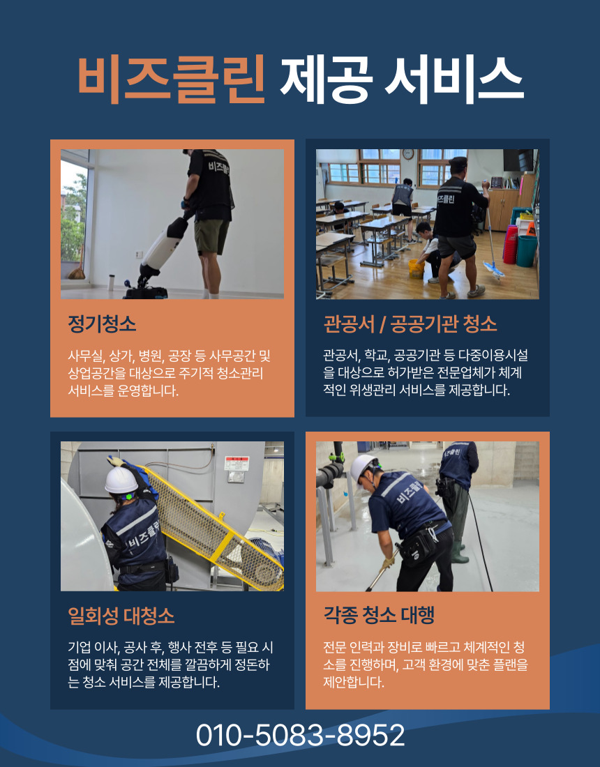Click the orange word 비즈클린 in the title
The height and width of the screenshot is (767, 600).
click(171, 76)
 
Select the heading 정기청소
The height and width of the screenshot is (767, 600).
click(102, 324)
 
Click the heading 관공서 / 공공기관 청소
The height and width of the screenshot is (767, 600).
click(410, 324)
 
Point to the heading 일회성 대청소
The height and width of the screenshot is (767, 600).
click(121, 616)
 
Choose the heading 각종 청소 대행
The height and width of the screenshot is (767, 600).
click(379, 616)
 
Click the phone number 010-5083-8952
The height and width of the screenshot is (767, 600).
click(300, 736)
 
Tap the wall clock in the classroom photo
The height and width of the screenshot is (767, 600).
click(408, 154)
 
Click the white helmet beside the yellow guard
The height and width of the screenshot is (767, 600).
click(121, 480)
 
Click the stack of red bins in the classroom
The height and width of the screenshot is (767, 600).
click(510, 244)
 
